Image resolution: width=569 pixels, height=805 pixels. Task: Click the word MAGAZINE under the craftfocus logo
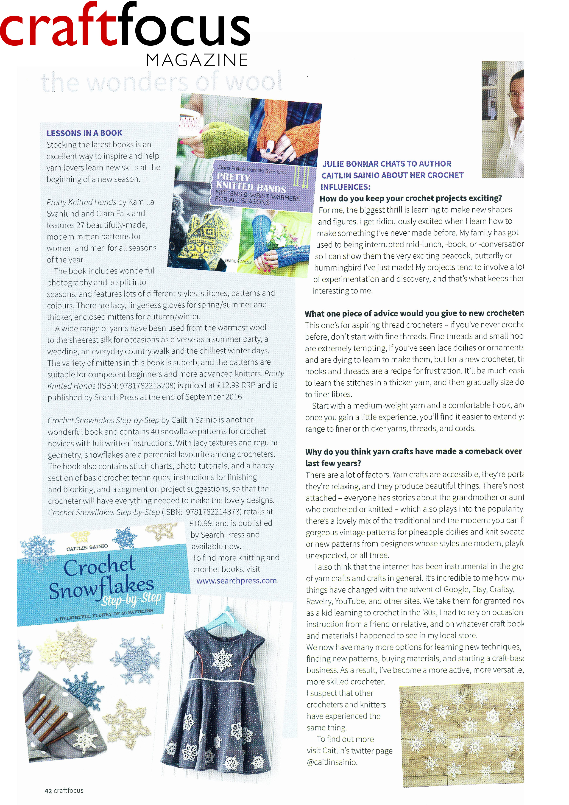point(197,60)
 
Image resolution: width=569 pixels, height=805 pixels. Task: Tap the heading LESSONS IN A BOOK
point(84,133)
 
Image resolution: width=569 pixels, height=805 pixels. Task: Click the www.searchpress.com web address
point(237,580)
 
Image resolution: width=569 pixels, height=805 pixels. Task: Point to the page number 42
point(48,790)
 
